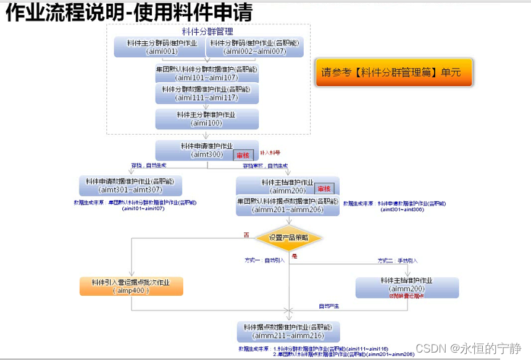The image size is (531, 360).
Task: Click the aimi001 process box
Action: tap(159, 47)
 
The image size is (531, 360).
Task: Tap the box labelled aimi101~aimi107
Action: tap(206, 73)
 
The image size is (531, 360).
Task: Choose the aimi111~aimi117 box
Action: tap(206, 93)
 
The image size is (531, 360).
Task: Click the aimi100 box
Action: tap(206, 119)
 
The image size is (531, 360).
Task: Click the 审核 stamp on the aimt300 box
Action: tap(243, 156)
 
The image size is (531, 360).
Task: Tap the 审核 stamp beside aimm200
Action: tap(325, 188)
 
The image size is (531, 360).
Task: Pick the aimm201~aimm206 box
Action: tap(288, 206)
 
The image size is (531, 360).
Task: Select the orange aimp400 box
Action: tap(132, 286)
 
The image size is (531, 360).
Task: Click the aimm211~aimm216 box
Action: tap(288, 331)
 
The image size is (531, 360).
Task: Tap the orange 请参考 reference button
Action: tap(393, 72)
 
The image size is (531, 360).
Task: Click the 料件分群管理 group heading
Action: tap(207, 31)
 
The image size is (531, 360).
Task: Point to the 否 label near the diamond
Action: tap(246, 234)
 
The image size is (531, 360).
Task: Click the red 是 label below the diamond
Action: tap(295, 256)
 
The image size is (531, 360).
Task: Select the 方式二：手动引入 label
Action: tap(398, 260)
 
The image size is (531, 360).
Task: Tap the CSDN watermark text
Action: tap(469, 348)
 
